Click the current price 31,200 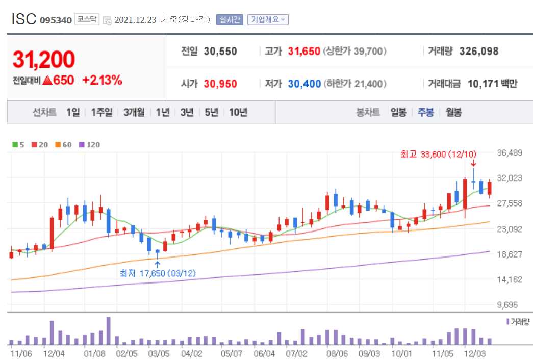click(44, 60)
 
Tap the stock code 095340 click(56, 20)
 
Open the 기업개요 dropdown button click(268, 20)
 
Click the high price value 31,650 click(304, 52)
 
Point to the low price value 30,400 click(304, 84)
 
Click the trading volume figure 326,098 click(478, 52)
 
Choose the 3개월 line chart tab click(134, 113)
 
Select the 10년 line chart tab click(238, 113)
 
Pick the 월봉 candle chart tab click(453, 113)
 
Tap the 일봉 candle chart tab click(398, 113)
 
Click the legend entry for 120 click(90, 145)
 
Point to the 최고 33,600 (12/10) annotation click(439, 154)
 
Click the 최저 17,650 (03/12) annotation click(158, 273)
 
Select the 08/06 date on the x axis click(337, 353)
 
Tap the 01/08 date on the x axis click(95, 353)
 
